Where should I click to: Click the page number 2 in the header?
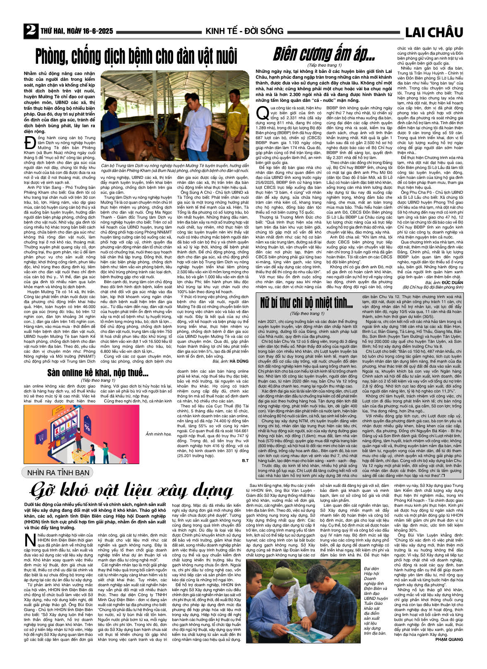[x=30, y=31]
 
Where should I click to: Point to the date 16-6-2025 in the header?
[x=95, y=31]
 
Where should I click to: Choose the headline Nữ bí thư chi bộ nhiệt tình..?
[x=306, y=303]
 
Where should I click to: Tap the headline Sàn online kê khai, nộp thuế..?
[x=97, y=373]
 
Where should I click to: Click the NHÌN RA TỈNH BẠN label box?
[x=58, y=472]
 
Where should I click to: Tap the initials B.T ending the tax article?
[x=245, y=460]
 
